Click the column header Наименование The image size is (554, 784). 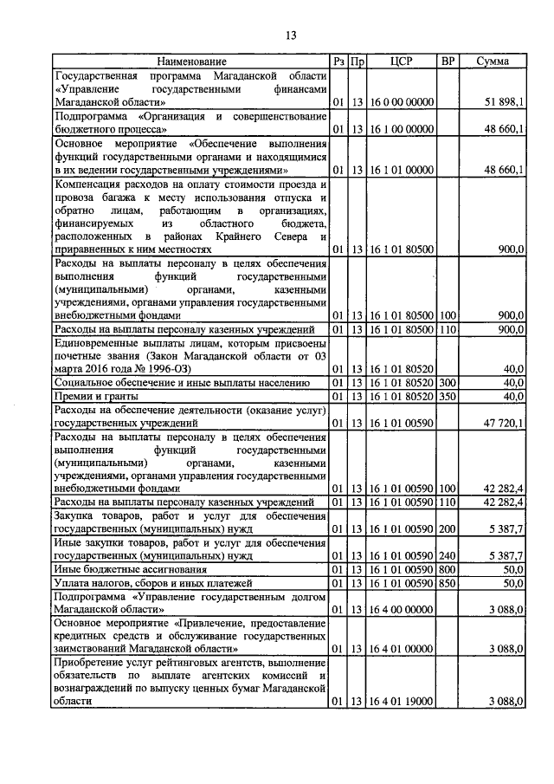tap(191, 62)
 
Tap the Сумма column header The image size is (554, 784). tap(493, 62)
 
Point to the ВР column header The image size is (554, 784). tap(448, 62)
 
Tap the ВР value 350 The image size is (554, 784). tap(448, 396)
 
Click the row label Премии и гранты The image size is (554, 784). tap(89, 396)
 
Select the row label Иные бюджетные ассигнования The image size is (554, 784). tap(130, 570)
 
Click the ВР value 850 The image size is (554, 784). tap(448, 583)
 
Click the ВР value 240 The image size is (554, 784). tap(448, 556)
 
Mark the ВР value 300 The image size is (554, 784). tap(448, 382)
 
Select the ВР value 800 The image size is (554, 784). tap(448, 570)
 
